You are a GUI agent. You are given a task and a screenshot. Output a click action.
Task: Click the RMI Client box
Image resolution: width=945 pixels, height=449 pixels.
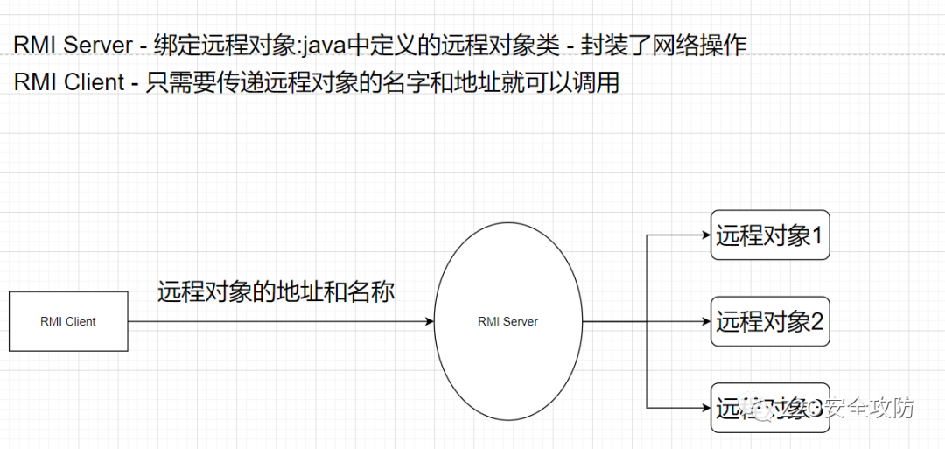tap(68, 321)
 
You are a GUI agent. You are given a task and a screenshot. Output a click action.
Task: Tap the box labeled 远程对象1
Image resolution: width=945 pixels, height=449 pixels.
tap(770, 235)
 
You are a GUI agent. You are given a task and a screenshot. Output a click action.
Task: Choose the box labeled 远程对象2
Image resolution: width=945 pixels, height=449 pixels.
tap(770, 321)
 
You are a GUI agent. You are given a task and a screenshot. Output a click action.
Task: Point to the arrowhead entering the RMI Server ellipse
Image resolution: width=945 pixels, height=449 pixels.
tap(429, 321)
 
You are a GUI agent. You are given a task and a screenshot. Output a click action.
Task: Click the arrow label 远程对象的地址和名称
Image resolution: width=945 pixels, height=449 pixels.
tap(276, 291)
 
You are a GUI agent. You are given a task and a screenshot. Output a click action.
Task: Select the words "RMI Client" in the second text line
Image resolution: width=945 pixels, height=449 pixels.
tap(69, 82)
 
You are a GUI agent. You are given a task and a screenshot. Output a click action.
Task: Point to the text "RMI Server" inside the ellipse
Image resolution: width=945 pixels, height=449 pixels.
tap(507, 321)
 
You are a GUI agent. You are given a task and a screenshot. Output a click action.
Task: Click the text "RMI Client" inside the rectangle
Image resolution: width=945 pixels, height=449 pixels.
tap(68, 321)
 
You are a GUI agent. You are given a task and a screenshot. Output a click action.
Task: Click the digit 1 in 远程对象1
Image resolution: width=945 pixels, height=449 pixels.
tap(817, 235)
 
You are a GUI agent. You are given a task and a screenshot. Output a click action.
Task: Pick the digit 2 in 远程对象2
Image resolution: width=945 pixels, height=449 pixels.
tap(817, 321)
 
